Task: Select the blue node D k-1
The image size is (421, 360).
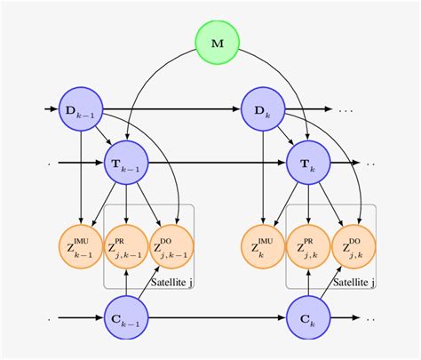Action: pyautogui.click(x=81, y=110)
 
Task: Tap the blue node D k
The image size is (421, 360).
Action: pyautogui.click(x=264, y=110)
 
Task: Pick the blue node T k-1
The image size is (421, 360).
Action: pyautogui.click(x=126, y=163)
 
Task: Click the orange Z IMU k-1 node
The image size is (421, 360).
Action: pyautogui.click(x=81, y=242)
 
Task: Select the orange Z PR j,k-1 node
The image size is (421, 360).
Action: pyautogui.click(x=126, y=242)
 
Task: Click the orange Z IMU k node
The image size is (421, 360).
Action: pyautogui.click(x=264, y=242)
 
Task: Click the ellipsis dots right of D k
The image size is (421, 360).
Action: pyautogui.click(x=346, y=111)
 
